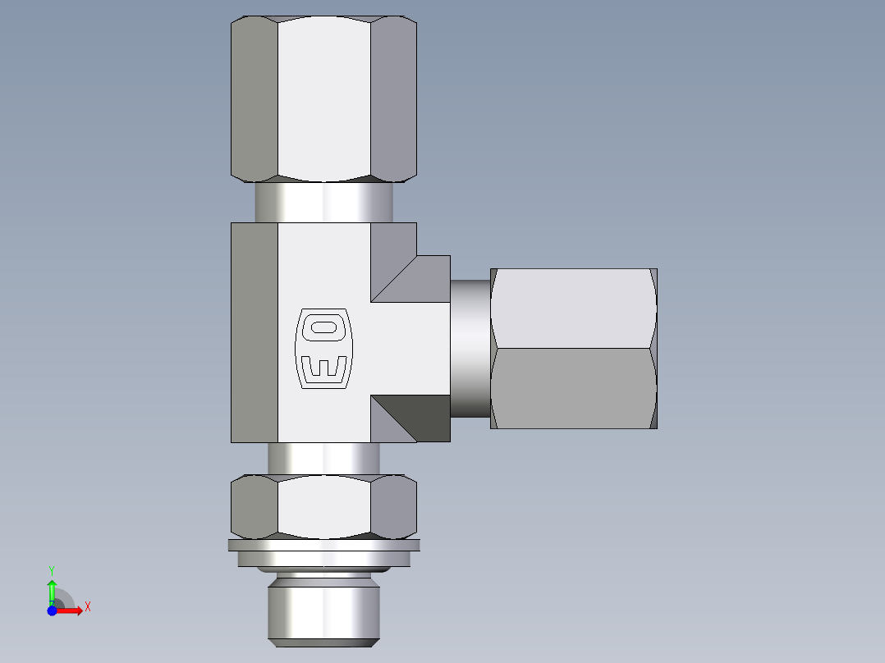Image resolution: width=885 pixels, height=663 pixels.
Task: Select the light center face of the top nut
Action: pos(323,98)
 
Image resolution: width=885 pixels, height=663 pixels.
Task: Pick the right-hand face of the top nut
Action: pos(393,98)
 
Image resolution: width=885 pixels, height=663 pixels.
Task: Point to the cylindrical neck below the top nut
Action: pos(323,202)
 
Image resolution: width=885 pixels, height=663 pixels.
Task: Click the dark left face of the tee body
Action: pos(254,332)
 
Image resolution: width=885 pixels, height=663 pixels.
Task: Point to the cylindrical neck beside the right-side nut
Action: pos(470,348)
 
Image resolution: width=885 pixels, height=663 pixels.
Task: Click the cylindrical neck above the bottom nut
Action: pos(323,458)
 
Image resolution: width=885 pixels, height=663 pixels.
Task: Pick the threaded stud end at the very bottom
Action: pos(323,611)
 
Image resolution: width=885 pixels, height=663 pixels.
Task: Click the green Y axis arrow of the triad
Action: pos(52,589)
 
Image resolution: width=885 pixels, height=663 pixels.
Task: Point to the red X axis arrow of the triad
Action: pos(71,611)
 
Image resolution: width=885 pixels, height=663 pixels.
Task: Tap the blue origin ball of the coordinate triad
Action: pos(52,611)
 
